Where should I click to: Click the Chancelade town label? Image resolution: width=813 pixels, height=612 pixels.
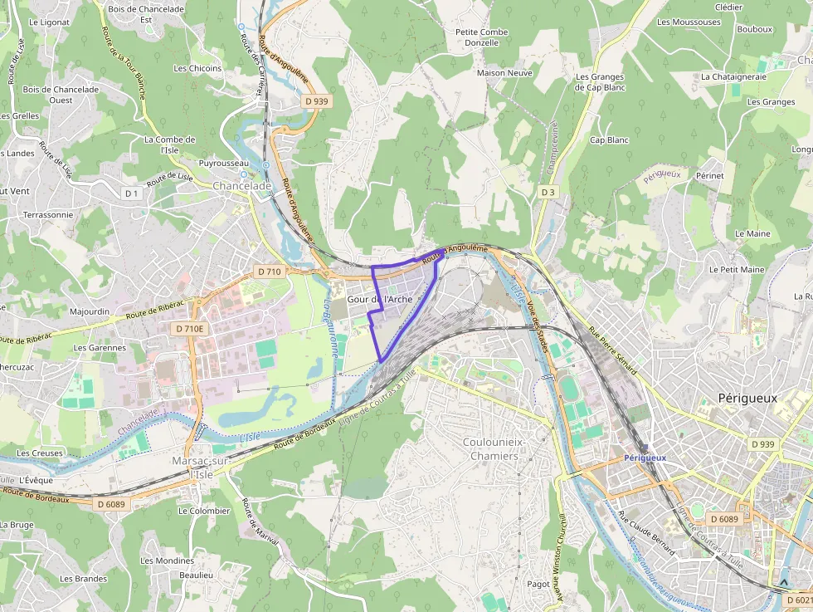point(241,186)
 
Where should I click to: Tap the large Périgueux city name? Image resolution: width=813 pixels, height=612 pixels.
point(747,398)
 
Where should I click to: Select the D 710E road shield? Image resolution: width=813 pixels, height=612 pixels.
point(189,329)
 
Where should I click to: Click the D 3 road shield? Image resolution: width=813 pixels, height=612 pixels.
point(547,192)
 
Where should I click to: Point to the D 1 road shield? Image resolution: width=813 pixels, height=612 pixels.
point(131,193)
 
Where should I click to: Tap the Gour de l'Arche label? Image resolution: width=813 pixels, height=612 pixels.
point(379,299)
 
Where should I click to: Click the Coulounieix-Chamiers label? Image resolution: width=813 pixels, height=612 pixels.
point(494,448)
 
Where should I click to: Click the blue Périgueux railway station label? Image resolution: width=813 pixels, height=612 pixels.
point(645,458)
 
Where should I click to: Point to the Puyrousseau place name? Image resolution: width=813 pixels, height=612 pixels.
point(224,164)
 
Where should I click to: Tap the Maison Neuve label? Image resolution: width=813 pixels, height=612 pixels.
point(504,73)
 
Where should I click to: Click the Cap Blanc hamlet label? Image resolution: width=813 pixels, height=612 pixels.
point(609,140)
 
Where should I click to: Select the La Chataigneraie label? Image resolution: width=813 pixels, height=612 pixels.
point(733,76)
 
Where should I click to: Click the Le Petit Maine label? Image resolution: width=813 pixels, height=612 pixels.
point(736,270)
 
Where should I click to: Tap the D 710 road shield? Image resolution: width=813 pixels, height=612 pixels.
point(270,272)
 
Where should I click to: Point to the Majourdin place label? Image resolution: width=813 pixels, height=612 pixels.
point(90,312)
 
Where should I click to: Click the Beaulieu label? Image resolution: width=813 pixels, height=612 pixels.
point(197,575)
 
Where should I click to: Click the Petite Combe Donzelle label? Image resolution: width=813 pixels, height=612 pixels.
point(482,37)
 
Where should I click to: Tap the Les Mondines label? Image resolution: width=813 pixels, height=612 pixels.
point(167,561)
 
